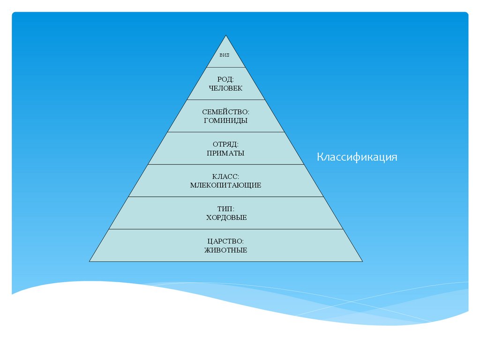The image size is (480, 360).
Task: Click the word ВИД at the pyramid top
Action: coord(225,55)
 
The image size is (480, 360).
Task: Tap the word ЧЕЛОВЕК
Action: coord(226,88)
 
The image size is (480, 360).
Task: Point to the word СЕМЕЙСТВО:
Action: coord(226,112)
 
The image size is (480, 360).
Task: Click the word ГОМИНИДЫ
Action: coord(226,120)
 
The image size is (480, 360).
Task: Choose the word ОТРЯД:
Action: coord(226,144)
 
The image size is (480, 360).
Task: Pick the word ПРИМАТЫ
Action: coord(226,153)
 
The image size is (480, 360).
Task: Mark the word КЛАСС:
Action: coord(226,177)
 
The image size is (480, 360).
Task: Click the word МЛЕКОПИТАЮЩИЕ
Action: coord(226,185)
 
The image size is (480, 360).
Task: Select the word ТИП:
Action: coord(226,209)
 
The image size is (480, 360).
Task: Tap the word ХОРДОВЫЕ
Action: coord(226,217)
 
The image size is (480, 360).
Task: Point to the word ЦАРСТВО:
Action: coord(226,241)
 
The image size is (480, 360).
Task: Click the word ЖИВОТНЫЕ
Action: coord(226,250)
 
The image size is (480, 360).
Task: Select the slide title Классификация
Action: coord(357,157)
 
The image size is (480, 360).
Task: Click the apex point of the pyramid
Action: coord(226,35)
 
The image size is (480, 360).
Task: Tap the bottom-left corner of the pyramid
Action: coord(90,261)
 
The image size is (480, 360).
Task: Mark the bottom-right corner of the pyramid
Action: coord(362,261)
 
